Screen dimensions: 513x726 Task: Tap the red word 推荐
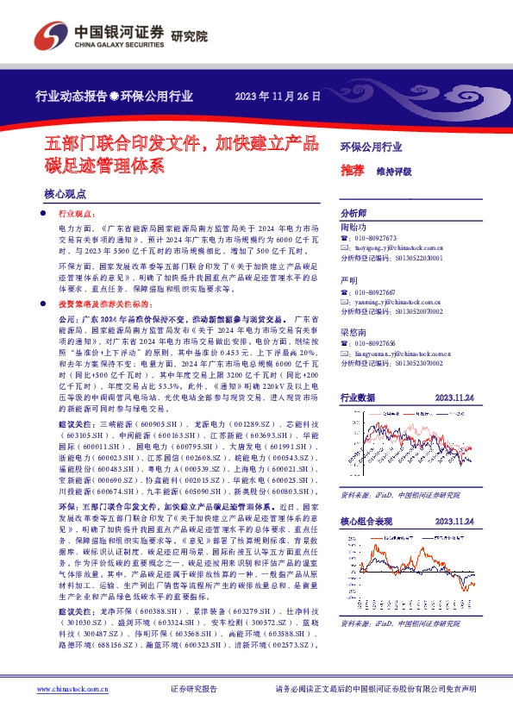pyautogui.click(x=352, y=171)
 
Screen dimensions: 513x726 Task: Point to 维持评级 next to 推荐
pyautogui.click(x=394, y=172)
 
